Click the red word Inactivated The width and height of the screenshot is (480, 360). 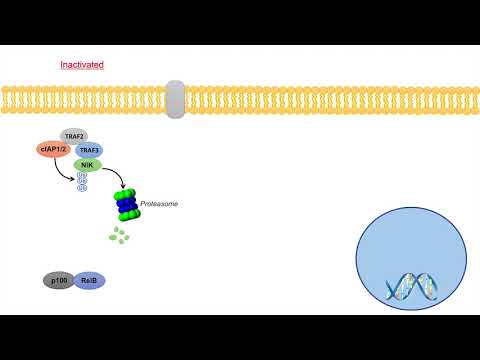(82, 65)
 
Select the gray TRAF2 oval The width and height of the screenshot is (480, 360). (73, 135)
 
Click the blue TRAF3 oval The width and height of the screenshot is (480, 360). (88, 150)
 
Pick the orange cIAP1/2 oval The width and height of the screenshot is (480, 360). (52, 150)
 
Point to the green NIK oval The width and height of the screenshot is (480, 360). (87, 165)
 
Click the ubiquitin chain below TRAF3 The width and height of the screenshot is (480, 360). (81, 182)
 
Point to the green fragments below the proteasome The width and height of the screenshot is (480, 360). (121, 236)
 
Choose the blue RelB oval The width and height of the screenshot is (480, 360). (88, 281)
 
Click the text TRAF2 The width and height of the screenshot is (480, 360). (73, 135)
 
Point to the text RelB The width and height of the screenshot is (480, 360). (88, 281)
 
